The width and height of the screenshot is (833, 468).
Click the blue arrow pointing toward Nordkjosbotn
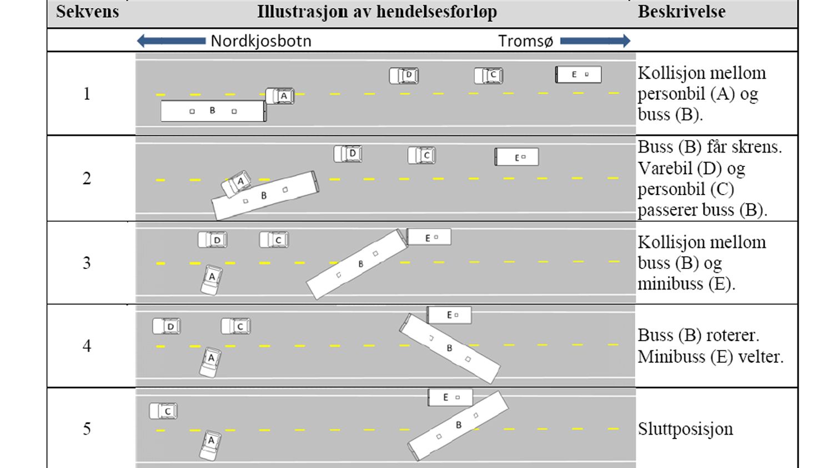[x=171, y=41]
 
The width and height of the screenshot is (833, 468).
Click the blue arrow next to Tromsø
[x=595, y=41]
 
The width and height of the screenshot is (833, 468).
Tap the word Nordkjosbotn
[x=261, y=41]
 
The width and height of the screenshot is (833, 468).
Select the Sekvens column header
[x=87, y=12]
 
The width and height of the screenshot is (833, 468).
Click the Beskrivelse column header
[x=681, y=12]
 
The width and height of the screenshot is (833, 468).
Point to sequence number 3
[x=87, y=263]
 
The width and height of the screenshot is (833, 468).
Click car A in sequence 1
[x=280, y=96]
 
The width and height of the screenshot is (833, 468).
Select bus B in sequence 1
[x=213, y=111]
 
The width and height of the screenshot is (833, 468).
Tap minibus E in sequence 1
[x=578, y=74]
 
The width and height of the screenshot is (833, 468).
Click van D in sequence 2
[x=348, y=154]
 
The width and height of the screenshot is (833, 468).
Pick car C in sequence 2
[x=421, y=155]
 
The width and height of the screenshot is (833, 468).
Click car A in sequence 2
[x=237, y=184]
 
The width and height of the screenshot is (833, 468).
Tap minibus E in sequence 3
[x=429, y=237]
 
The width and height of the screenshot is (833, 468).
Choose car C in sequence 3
[x=274, y=240]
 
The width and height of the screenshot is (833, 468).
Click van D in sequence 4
[x=167, y=326]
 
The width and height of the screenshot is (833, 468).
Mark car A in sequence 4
[x=210, y=363]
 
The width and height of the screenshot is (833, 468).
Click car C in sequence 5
[x=163, y=411]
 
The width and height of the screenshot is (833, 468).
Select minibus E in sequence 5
[x=450, y=398]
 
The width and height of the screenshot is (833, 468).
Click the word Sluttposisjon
[x=685, y=429]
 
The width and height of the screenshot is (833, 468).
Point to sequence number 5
[x=87, y=429]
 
